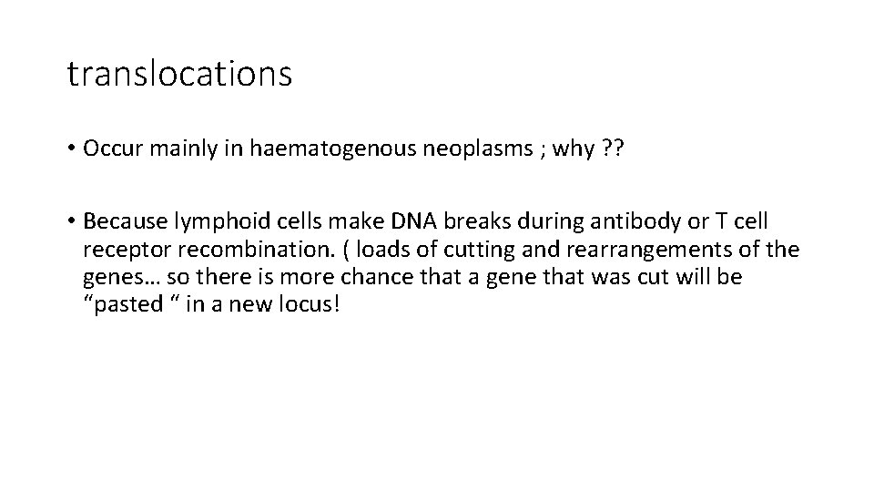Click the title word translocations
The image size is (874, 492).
pyautogui.click(x=179, y=74)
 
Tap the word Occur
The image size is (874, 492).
pyautogui.click(x=109, y=149)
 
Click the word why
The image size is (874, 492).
pyautogui.click(x=550, y=149)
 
